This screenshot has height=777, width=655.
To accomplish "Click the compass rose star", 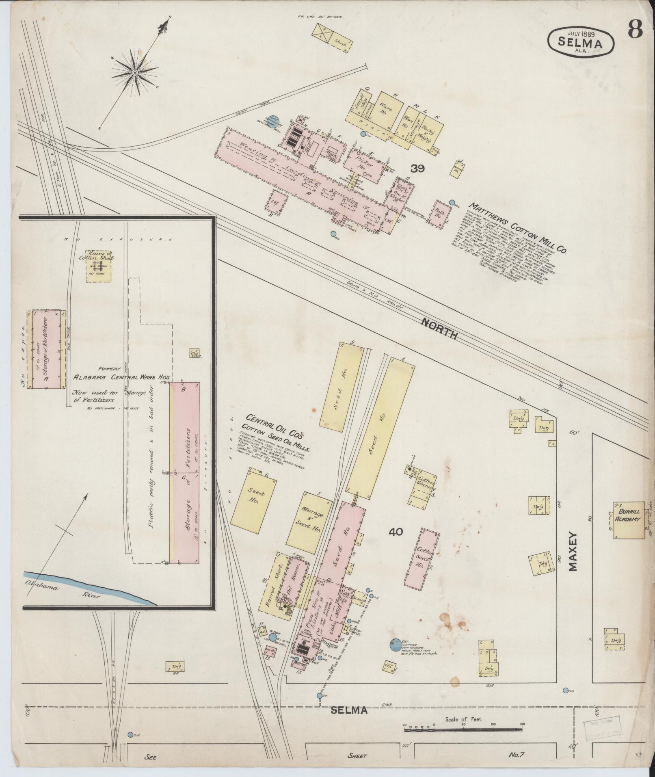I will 134,73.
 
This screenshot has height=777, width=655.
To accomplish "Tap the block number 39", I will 417,168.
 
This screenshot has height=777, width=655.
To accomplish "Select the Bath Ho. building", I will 440,212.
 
